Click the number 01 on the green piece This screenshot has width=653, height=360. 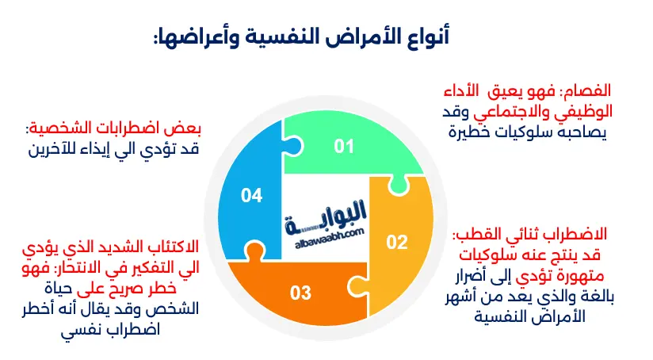click(x=343, y=146)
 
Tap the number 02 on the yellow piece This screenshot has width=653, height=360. click(x=396, y=243)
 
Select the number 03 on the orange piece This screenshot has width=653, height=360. click(x=300, y=293)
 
